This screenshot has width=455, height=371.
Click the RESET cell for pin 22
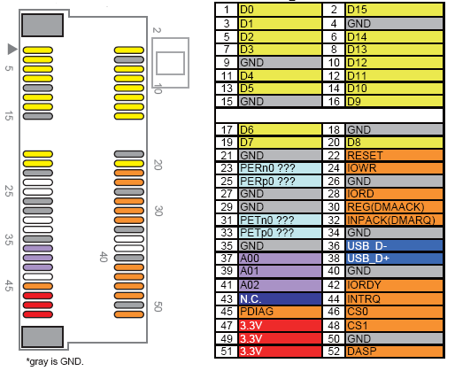pyautogui.click(x=394, y=155)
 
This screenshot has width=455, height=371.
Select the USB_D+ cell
pyautogui.click(x=394, y=259)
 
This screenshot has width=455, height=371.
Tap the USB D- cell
pyautogui.click(x=394, y=245)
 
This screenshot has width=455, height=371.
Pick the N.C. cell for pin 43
pyautogui.click(x=280, y=298)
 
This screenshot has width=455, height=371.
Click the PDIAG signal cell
pyautogui.click(x=280, y=312)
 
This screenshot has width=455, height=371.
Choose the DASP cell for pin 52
pyautogui.click(x=394, y=352)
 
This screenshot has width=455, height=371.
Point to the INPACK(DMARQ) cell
pyautogui.click(x=394, y=220)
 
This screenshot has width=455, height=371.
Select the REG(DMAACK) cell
pyautogui.click(x=394, y=207)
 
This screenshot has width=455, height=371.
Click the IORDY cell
pyautogui.click(x=394, y=285)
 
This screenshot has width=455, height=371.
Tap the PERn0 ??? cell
pyautogui.click(x=280, y=168)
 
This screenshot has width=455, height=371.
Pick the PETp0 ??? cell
pyautogui.click(x=280, y=233)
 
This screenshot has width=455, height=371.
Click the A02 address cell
pyautogui.click(x=280, y=285)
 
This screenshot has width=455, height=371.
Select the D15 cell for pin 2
pyautogui.click(x=394, y=10)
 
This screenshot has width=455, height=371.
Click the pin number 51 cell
pyautogui.click(x=227, y=352)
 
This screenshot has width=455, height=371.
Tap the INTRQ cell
pyautogui.click(x=394, y=298)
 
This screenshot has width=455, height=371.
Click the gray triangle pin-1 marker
pyautogui.click(x=12, y=49)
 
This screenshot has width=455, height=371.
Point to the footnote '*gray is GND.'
pyautogui.click(x=55, y=361)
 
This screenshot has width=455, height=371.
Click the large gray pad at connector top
pyautogui.click(x=42, y=26)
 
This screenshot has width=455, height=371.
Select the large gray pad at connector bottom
pyautogui.click(x=42, y=336)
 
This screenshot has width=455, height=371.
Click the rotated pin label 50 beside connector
pyautogui.click(x=158, y=306)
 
